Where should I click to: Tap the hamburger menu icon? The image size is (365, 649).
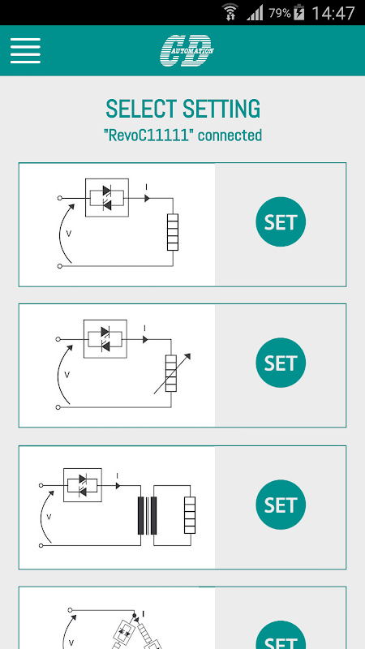(x=25, y=50)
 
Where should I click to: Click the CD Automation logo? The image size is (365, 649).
(x=187, y=50)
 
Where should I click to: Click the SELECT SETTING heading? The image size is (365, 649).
(x=183, y=109)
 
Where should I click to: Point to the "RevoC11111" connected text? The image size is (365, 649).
(x=183, y=135)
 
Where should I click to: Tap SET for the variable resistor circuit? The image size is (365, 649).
(x=281, y=363)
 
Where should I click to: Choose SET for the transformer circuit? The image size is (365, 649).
(x=281, y=505)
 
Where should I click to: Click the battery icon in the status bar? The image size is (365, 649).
(x=298, y=13)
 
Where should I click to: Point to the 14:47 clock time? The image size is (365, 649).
(x=333, y=13)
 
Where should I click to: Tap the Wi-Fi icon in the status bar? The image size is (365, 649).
(x=230, y=12)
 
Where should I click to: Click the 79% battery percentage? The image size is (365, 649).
(x=280, y=13)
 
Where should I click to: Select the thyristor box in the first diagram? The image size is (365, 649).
(x=107, y=197)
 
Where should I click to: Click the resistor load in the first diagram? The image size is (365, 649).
(x=173, y=232)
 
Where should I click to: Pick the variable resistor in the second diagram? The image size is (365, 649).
(x=171, y=373)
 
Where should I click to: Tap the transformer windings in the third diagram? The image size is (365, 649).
(x=148, y=516)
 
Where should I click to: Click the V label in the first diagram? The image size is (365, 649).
(x=69, y=234)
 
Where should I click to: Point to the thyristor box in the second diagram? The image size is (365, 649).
(x=105, y=338)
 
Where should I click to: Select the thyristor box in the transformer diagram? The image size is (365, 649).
(x=83, y=484)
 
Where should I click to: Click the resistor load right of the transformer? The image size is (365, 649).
(x=190, y=515)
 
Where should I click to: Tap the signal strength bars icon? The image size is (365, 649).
(x=255, y=13)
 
